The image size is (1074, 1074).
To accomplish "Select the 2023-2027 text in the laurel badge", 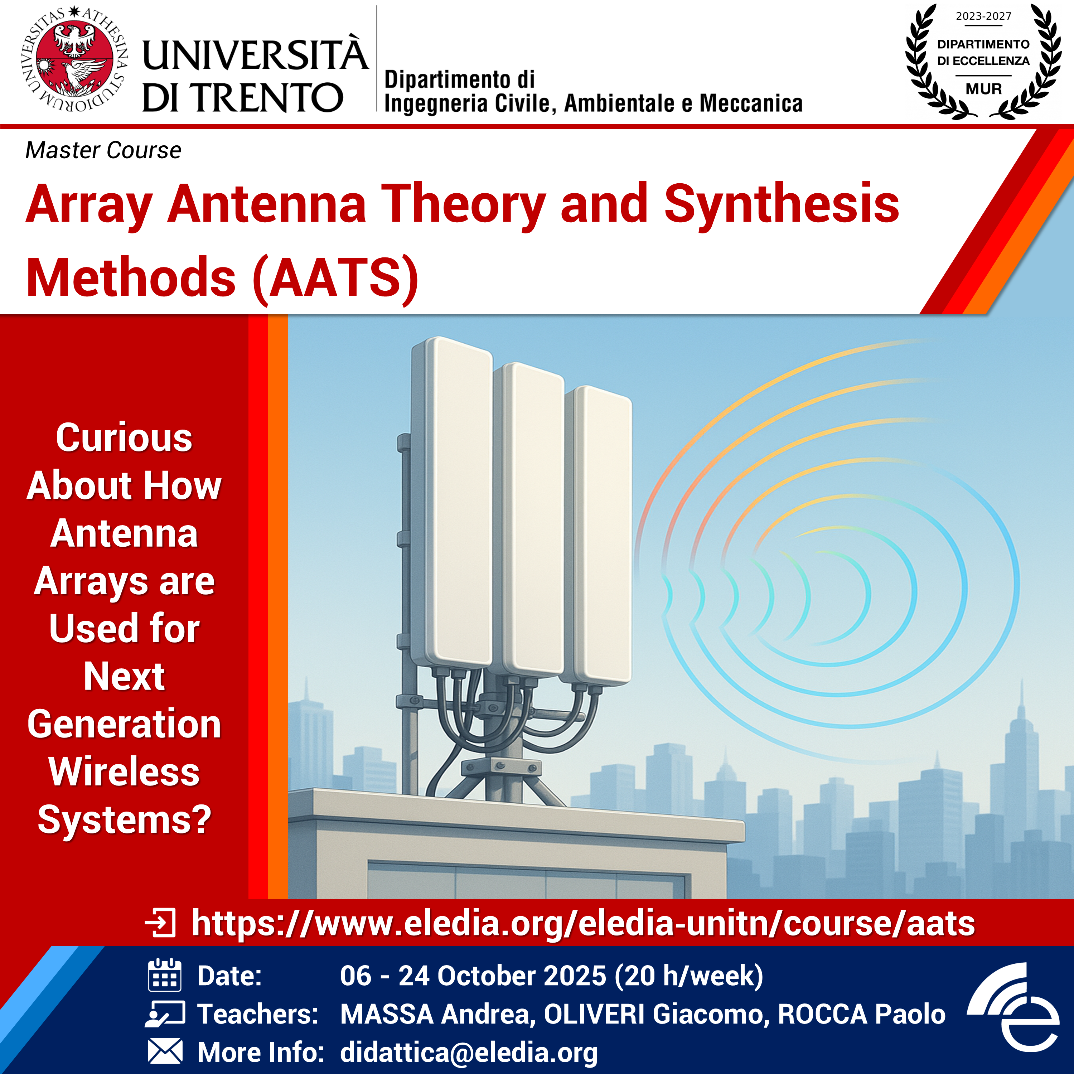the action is click(983, 16).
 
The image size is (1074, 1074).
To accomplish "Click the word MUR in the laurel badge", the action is click(983, 89).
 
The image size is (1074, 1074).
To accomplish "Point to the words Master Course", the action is click(103, 150).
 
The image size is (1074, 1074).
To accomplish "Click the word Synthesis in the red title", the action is click(782, 204).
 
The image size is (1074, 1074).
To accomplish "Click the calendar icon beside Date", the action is click(165, 975).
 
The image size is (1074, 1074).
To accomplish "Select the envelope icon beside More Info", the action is click(165, 1052).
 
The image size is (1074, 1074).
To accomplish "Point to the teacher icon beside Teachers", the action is click(165, 1013).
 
